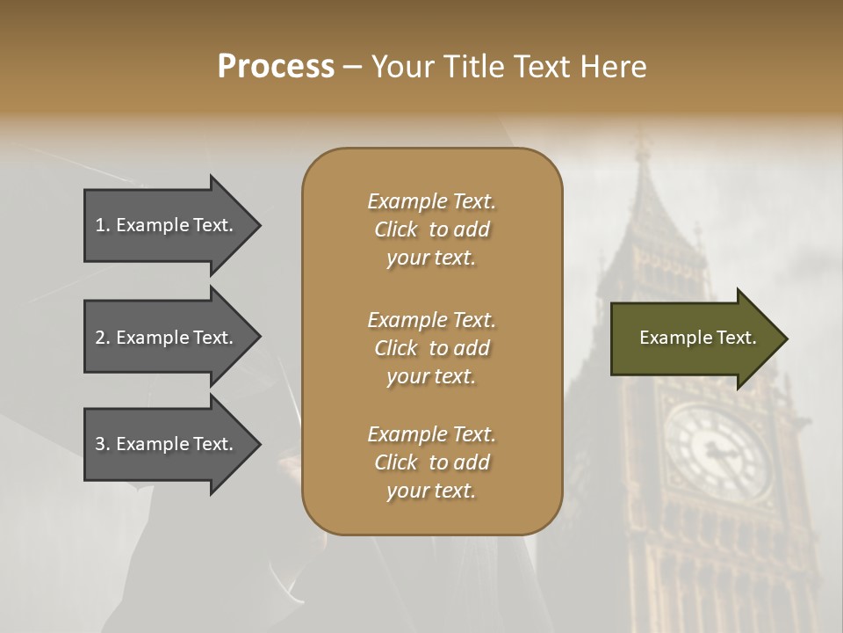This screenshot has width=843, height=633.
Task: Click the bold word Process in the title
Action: pos(276,67)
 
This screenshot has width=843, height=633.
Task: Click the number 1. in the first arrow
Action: pos(103,225)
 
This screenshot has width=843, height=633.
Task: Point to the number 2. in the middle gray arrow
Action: pos(103,338)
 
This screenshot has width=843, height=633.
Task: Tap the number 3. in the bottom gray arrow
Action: pos(103,444)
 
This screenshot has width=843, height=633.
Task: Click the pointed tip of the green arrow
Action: pos(786,338)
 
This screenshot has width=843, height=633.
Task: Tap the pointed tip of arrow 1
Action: pos(259,225)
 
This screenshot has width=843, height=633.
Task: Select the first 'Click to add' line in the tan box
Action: pos(432,229)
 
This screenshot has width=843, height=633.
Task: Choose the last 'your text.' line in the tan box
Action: pos(431,491)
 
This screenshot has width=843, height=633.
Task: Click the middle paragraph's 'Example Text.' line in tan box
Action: pos(432,320)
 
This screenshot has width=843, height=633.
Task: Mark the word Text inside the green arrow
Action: pos(735,338)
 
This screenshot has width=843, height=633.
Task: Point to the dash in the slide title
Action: pos(352,68)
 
